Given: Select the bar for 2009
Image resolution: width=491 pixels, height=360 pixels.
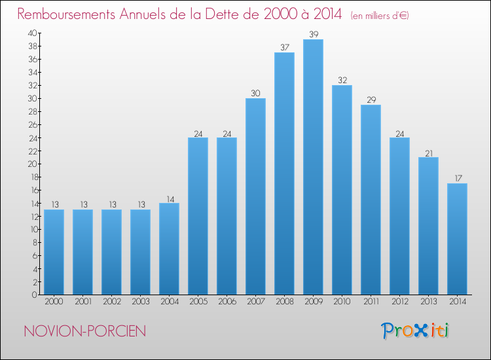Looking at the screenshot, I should click(x=313, y=167).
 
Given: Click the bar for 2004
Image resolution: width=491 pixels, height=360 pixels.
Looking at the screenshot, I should click(x=169, y=249).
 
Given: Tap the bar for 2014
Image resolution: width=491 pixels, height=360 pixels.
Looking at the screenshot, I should click(x=457, y=239).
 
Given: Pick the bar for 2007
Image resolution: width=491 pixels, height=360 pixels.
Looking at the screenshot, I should click(x=255, y=196).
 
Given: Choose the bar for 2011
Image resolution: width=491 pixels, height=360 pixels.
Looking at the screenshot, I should click(x=371, y=200).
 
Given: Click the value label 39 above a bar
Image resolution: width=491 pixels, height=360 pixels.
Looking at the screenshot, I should click(x=313, y=34).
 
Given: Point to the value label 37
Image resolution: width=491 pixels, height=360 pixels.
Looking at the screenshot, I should click(x=284, y=47).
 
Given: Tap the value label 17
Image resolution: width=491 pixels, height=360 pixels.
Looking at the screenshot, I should click(x=457, y=178).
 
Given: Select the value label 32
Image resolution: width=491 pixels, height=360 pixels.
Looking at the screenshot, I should click(x=342, y=80).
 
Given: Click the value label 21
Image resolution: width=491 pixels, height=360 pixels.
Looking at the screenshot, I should click(x=428, y=152).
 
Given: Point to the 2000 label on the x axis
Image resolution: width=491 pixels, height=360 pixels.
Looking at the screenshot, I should click(x=54, y=302).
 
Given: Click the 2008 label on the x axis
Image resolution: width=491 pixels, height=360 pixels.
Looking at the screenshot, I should click(x=284, y=302).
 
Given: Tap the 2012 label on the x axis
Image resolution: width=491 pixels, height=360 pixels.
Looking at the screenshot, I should click(x=399, y=302).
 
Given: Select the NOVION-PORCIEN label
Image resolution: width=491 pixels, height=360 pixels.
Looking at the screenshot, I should click(x=85, y=331).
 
